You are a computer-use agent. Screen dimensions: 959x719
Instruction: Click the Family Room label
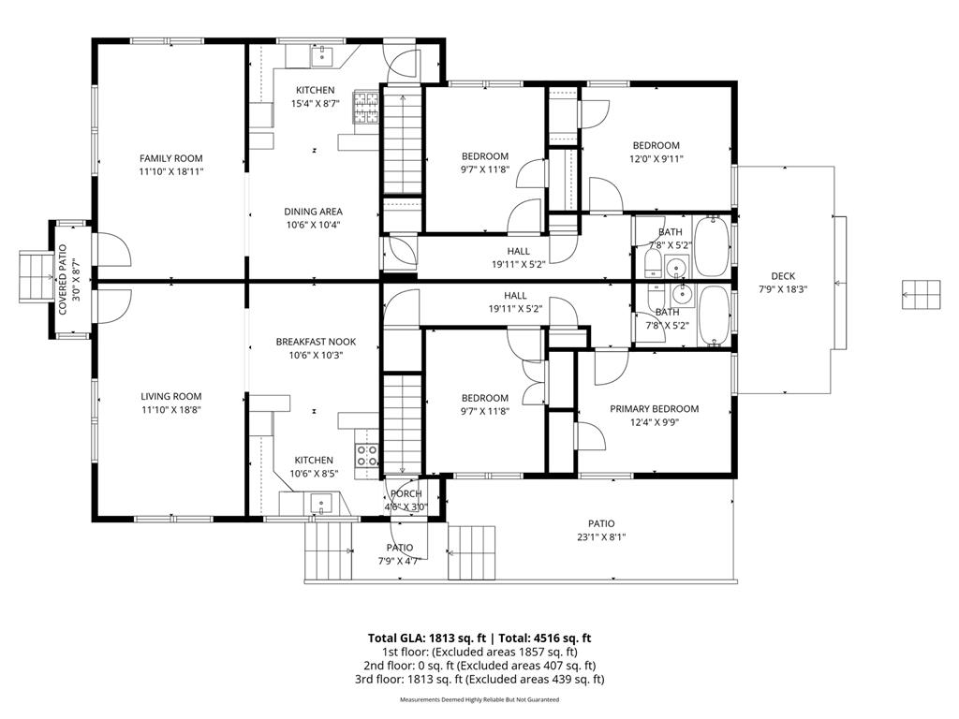coord(171,158)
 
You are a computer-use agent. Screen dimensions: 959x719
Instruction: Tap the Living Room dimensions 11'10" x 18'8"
coord(171,411)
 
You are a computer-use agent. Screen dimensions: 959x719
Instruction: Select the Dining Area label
coord(313,212)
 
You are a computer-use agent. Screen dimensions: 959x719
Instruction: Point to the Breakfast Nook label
coord(316,342)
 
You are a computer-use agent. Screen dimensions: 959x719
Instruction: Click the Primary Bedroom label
coord(655,408)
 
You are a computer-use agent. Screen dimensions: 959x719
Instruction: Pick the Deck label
coord(783,276)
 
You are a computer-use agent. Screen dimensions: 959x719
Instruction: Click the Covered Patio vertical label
coord(63,280)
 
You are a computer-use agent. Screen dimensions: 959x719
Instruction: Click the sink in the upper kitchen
coord(322,56)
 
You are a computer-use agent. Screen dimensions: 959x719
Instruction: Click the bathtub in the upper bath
coord(712,246)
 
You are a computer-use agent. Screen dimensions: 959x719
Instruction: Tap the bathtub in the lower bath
coord(713,315)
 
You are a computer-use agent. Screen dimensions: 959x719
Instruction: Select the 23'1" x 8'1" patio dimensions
coord(601,537)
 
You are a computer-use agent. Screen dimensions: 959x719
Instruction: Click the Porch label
coord(406,493)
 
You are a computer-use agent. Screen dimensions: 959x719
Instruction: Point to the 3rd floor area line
coord(479,679)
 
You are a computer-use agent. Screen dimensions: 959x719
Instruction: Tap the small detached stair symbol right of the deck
coord(922,294)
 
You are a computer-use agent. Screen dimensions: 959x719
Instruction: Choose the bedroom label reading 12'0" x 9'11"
coord(656,159)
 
